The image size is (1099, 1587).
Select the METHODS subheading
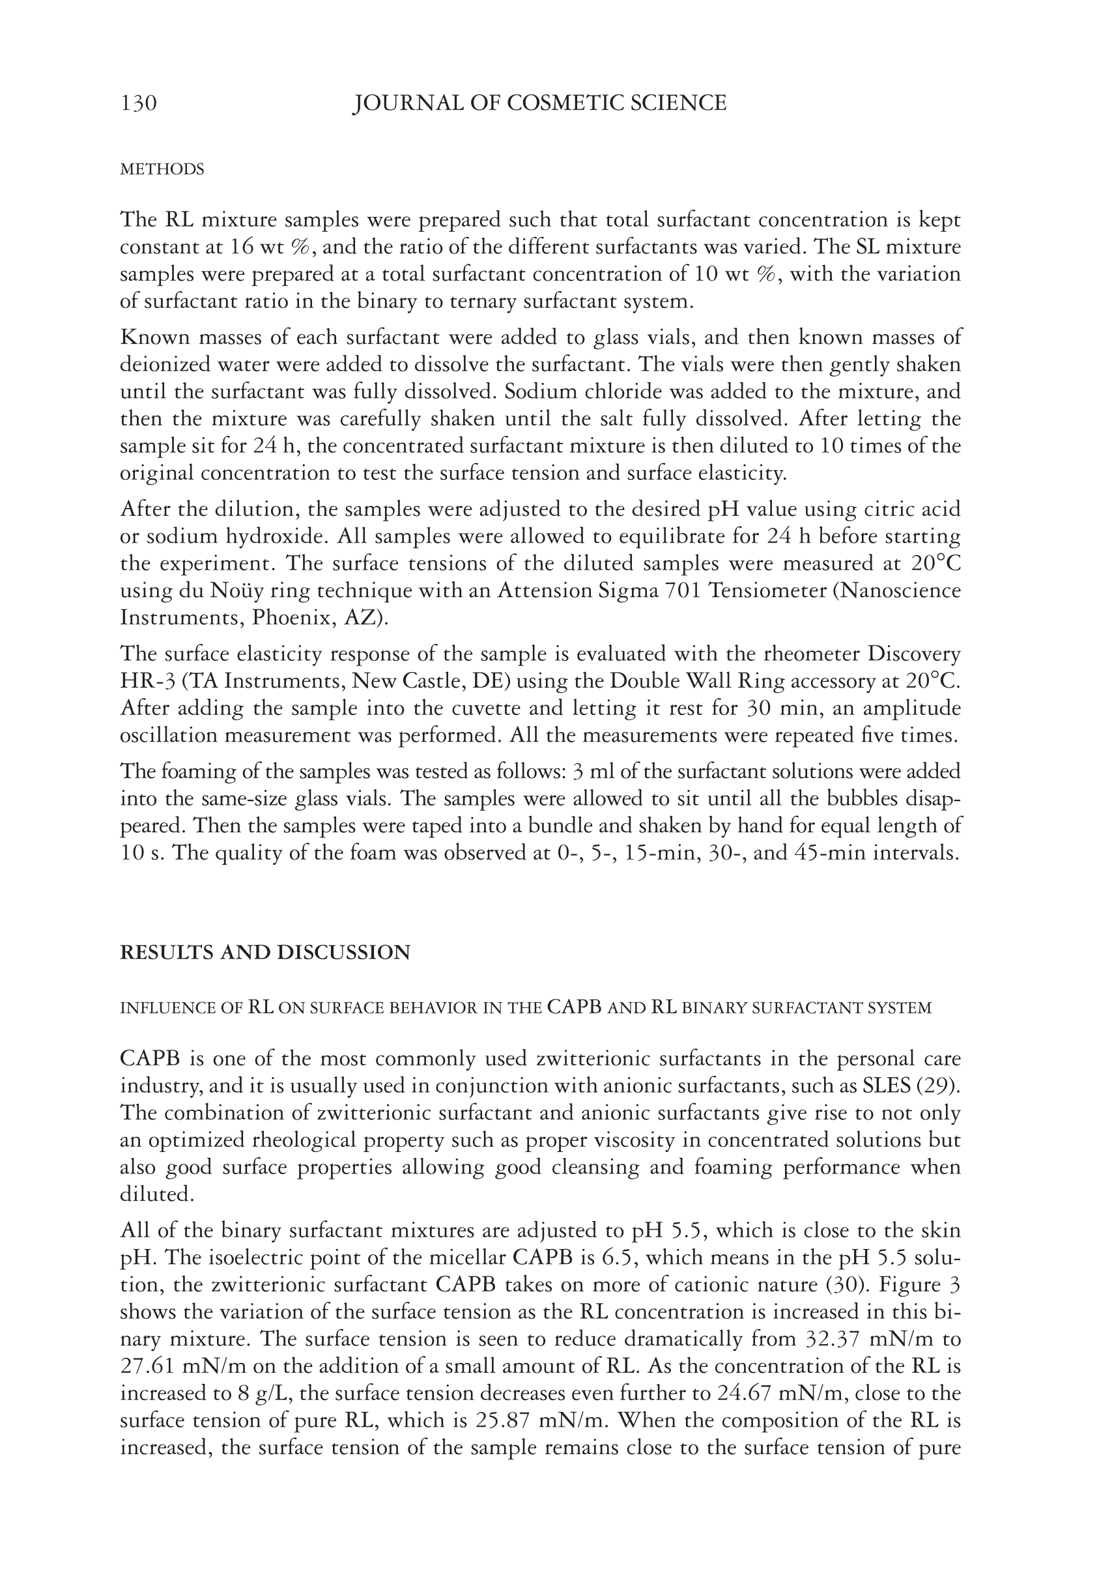pos(162,169)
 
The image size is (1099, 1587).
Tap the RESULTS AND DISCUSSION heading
pos(265,953)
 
